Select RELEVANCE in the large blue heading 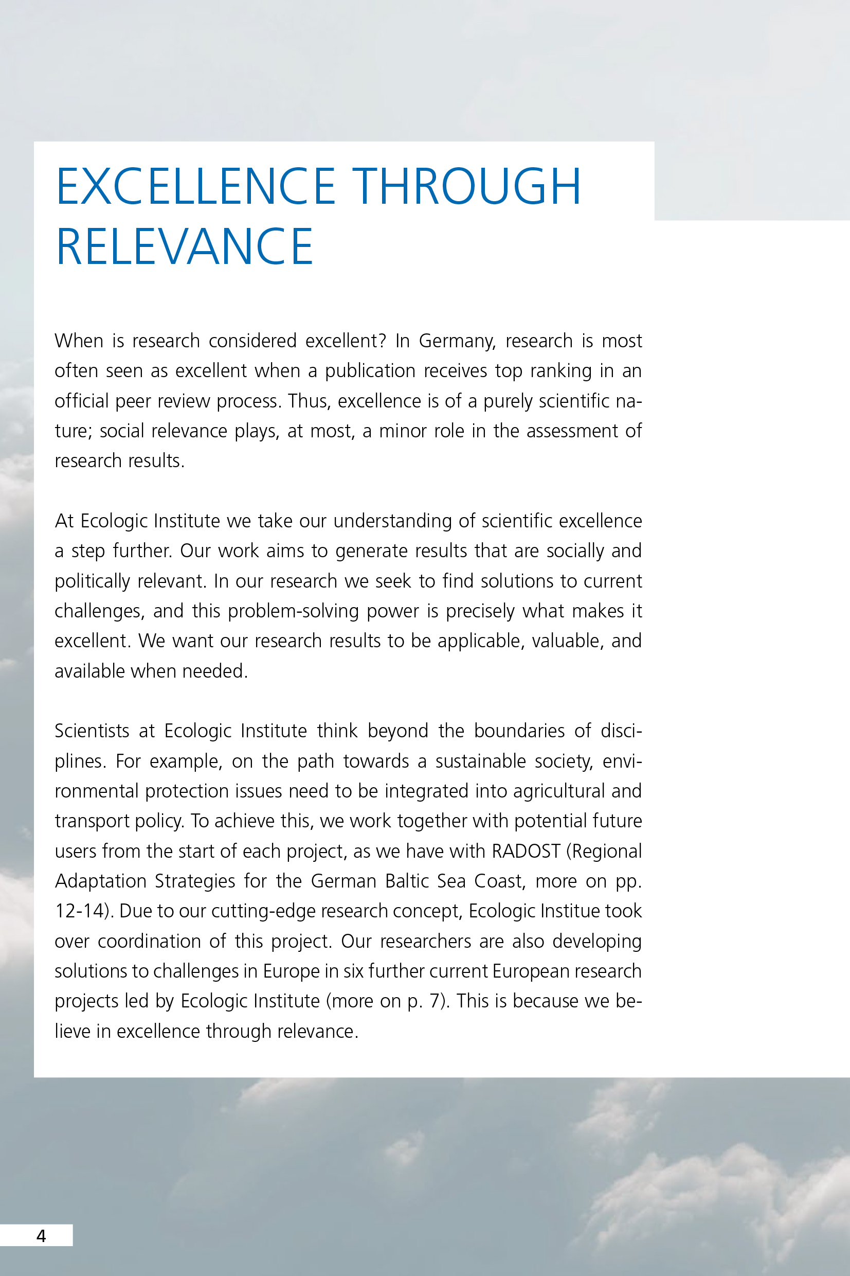coord(184,247)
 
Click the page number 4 coord(41,1236)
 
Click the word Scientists coord(92,731)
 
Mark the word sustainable coord(480,761)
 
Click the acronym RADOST coord(526,852)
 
